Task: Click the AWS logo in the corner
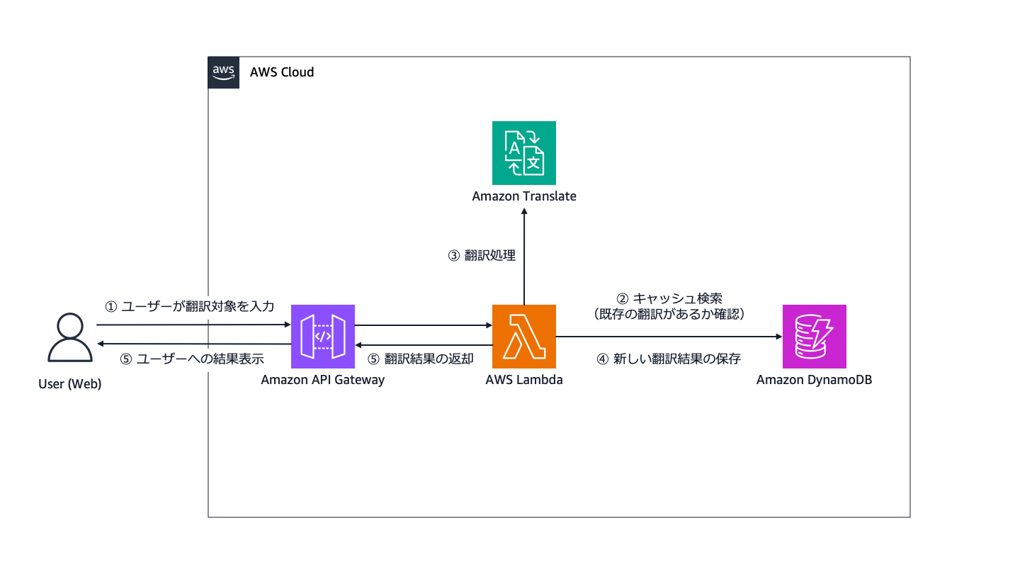[x=223, y=72]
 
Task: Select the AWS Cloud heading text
[x=282, y=72]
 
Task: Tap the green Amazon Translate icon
[x=524, y=153]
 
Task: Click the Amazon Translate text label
[x=524, y=196]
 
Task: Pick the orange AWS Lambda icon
[x=524, y=337]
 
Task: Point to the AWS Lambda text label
[x=524, y=380]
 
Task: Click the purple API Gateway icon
[x=323, y=337]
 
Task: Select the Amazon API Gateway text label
[x=323, y=380]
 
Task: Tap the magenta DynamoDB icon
[x=815, y=337]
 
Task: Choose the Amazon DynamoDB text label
[x=815, y=380]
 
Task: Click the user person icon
[x=70, y=338]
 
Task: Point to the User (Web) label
[x=70, y=385]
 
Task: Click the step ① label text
[x=189, y=307]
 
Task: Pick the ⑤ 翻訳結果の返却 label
[x=421, y=359]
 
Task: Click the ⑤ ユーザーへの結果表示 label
[x=192, y=359]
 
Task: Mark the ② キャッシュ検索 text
[x=669, y=298]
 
